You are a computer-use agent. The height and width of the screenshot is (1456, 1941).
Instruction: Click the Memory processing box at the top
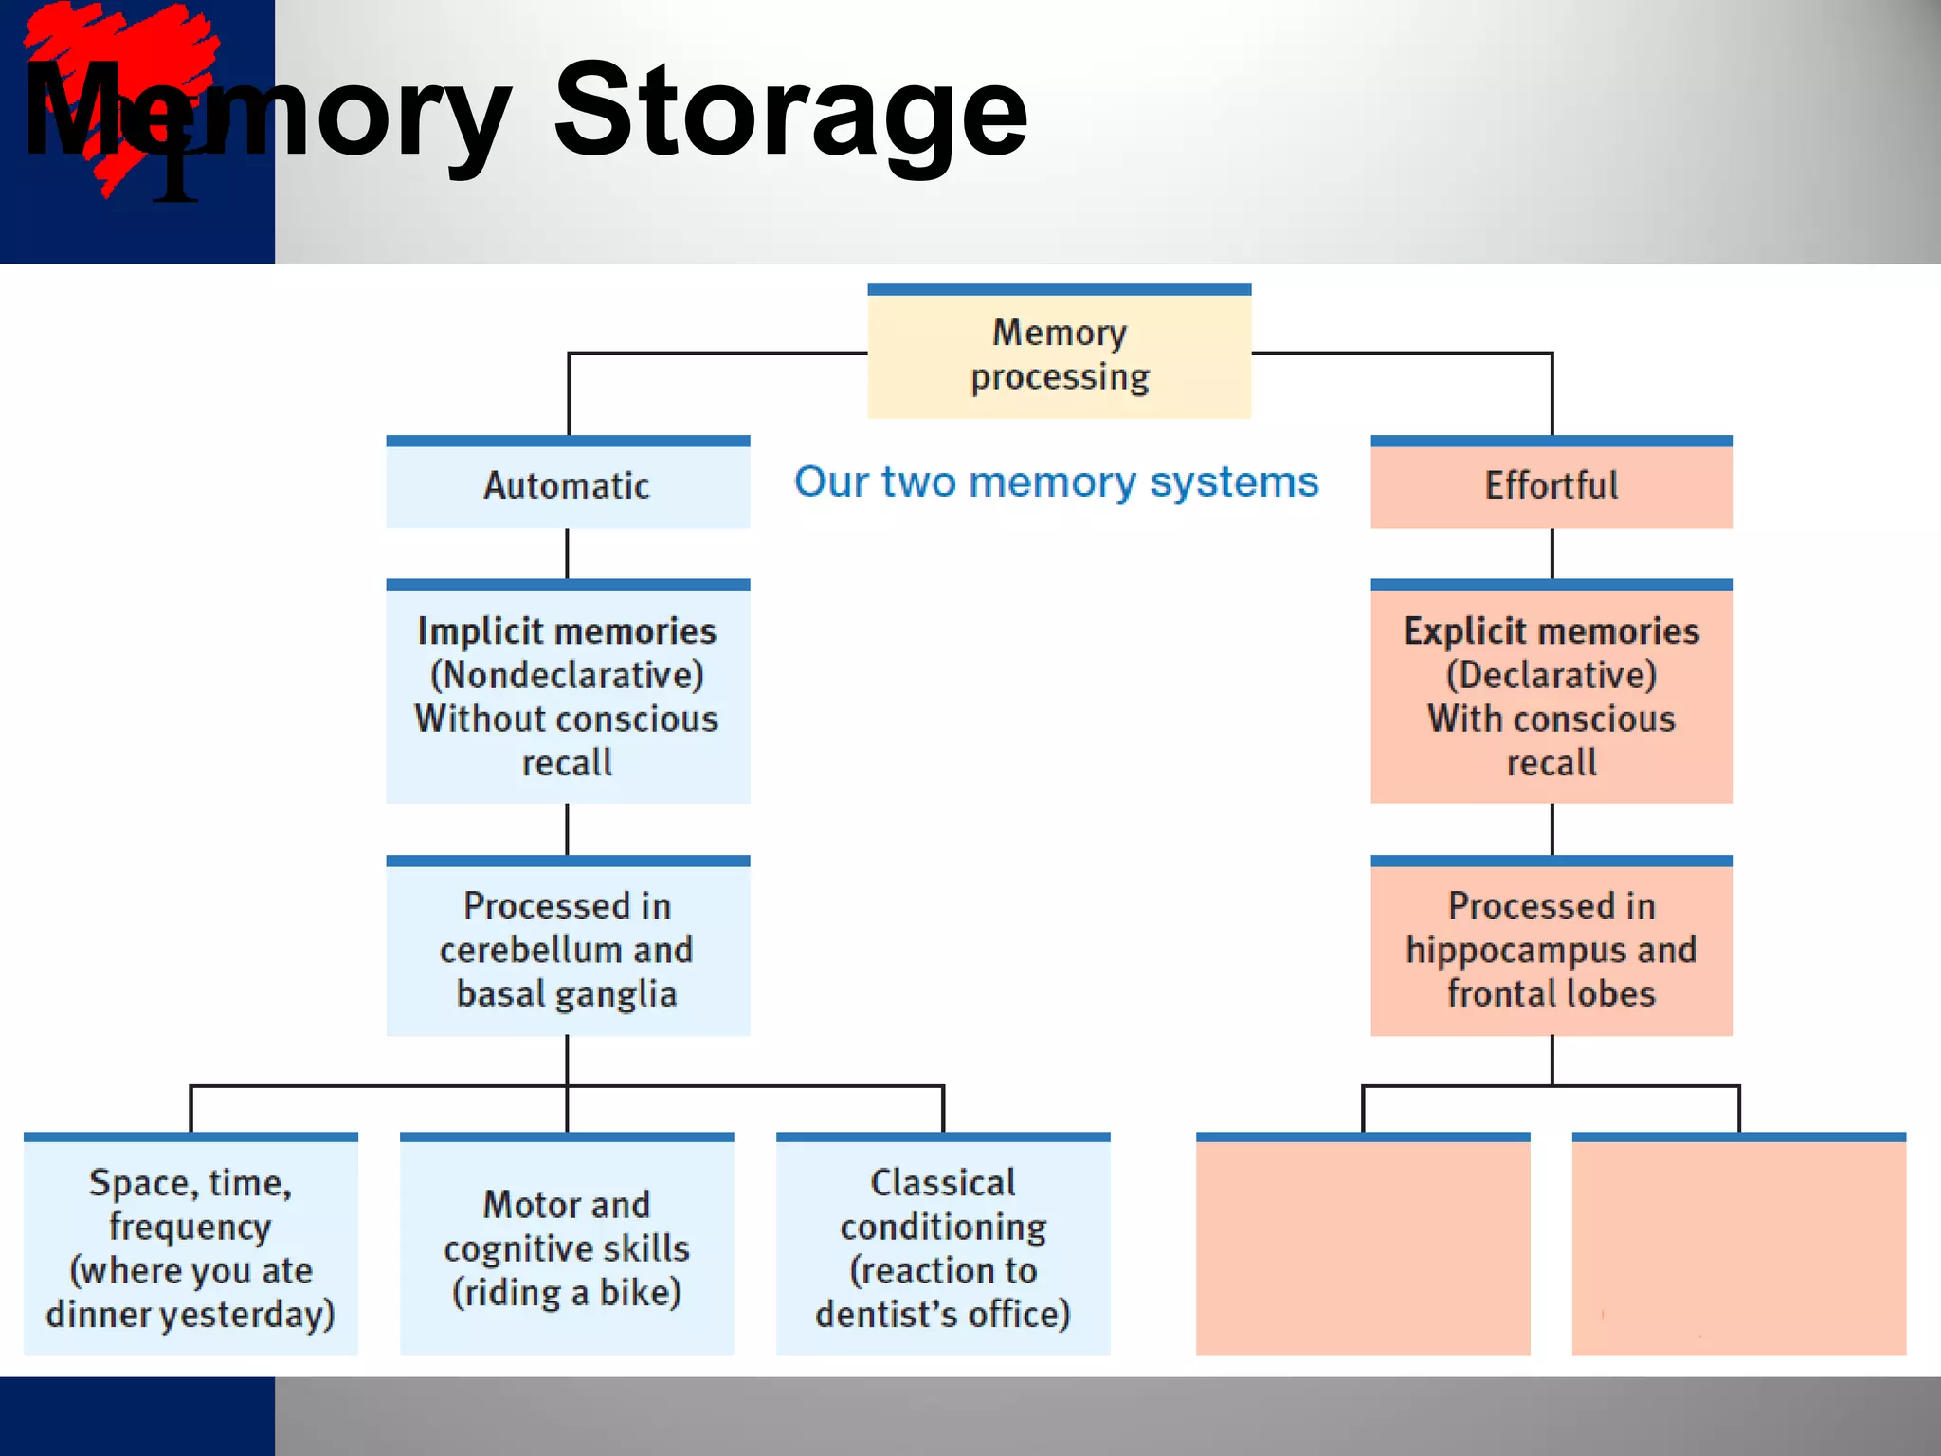coord(1059,354)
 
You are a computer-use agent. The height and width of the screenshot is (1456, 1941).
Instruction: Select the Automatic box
coord(568,485)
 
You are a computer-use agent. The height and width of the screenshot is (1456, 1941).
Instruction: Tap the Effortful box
coord(1551,485)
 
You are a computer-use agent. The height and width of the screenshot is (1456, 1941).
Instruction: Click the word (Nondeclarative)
coord(568,675)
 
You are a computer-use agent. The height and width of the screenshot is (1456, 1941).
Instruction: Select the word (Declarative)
coord(1551,675)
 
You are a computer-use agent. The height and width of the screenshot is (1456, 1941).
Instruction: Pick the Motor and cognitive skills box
coord(567,1247)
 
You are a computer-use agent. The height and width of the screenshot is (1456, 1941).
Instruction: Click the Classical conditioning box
coord(943,1247)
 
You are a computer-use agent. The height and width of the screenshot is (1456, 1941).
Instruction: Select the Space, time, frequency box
coord(190,1247)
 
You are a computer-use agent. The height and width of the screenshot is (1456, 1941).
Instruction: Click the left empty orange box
coord(1363,1247)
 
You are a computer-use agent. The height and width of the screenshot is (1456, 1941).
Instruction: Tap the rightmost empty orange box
coord(1739,1247)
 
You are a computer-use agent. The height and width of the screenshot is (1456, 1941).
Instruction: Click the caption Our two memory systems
coord(1057,482)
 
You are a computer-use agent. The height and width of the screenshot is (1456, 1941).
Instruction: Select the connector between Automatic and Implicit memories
coord(568,554)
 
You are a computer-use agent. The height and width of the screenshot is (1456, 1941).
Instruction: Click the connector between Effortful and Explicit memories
coord(1552,554)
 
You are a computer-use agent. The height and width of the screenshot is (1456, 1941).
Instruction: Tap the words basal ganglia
coord(567,994)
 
